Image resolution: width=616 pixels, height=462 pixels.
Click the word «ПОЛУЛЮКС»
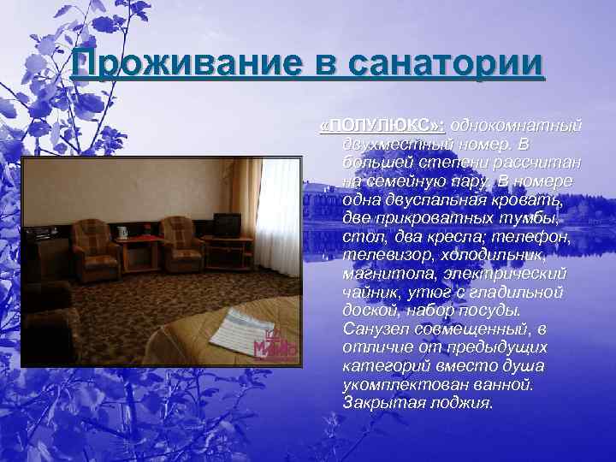[381, 126]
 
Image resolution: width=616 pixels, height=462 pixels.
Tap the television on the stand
[227, 225]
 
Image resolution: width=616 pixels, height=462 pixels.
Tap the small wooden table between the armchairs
[142, 248]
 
